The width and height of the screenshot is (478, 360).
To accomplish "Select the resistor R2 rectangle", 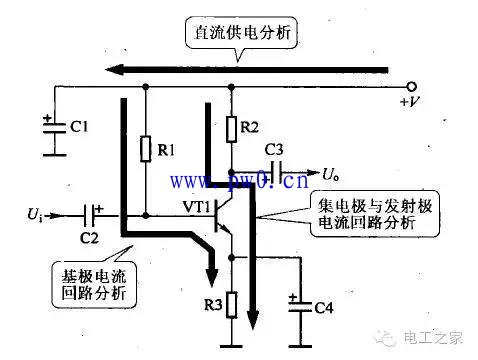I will pyautogui.click(x=233, y=129).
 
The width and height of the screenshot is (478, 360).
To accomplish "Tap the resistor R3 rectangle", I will pyautogui.click(x=233, y=303).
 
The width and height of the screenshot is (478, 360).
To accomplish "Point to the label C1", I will pyautogui.click(x=79, y=127).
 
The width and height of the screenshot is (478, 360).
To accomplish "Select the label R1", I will pyautogui.click(x=171, y=151).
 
